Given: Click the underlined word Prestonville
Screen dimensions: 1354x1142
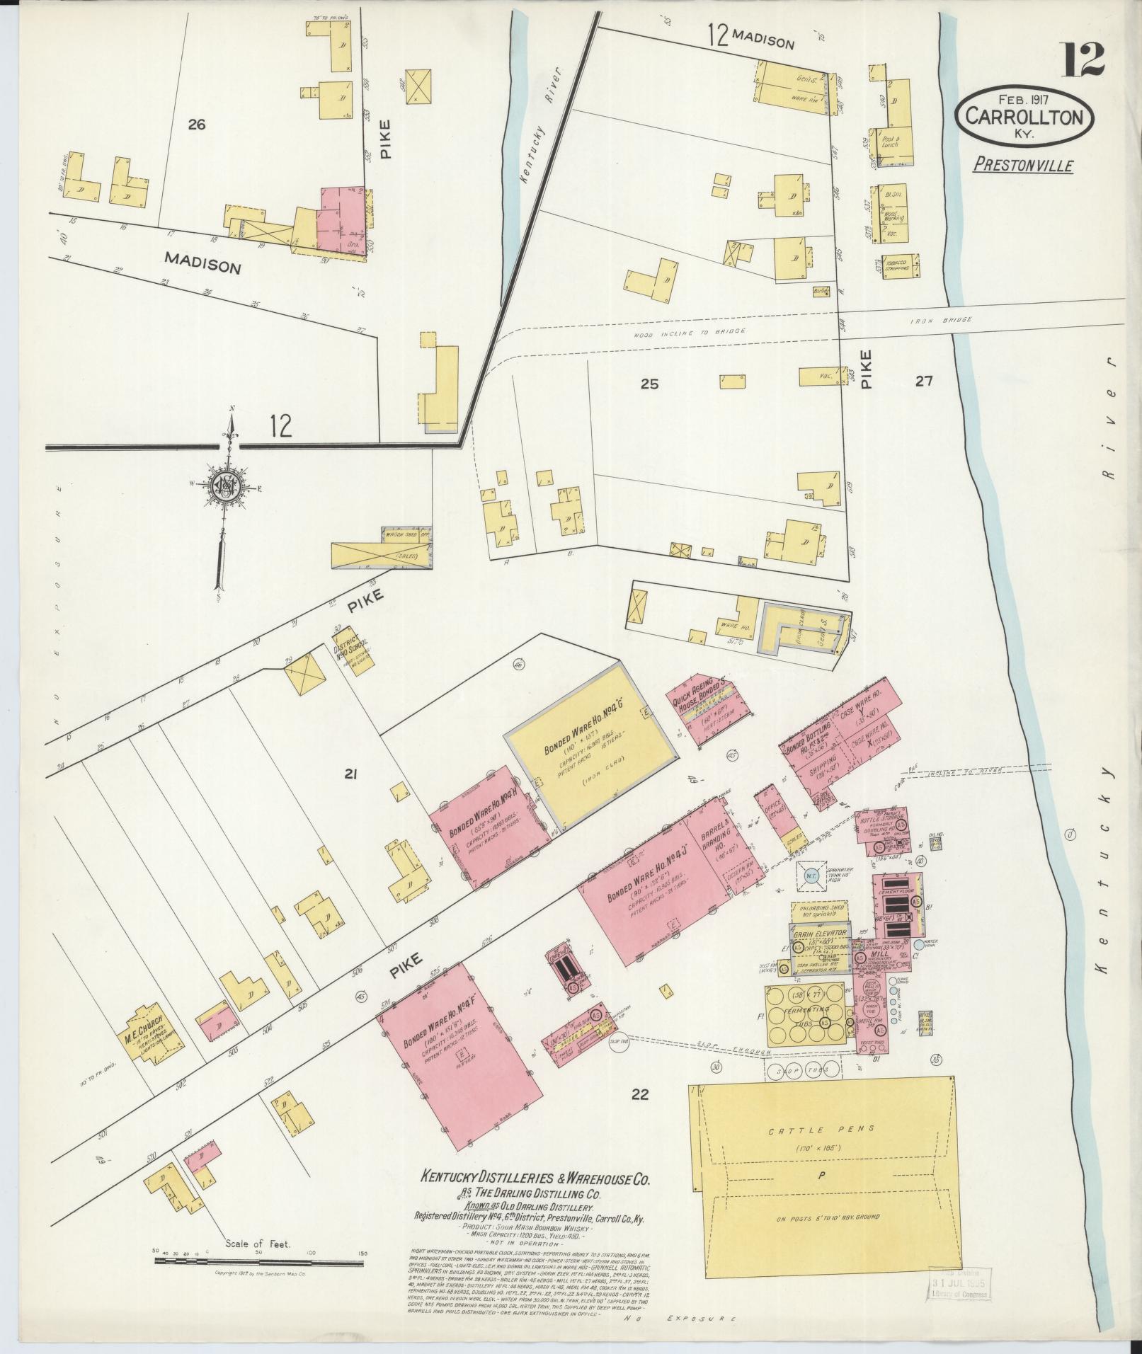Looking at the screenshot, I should pyautogui.click(x=1023, y=166).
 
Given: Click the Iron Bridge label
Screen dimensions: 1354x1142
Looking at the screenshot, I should pyautogui.click(x=940, y=321).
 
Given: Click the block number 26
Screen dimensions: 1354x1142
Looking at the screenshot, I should pyautogui.click(x=196, y=125).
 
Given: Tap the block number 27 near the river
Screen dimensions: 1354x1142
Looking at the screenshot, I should pyautogui.click(x=923, y=381).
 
